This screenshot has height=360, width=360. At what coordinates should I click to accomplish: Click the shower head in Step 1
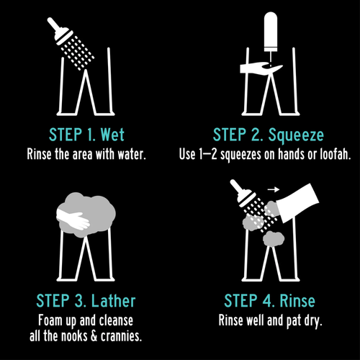click(x=60, y=31)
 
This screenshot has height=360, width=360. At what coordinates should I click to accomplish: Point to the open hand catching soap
click(x=261, y=68)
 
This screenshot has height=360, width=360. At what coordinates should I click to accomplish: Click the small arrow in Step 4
click(x=274, y=189)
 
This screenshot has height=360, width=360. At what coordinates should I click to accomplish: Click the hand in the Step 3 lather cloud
click(x=73, y=218)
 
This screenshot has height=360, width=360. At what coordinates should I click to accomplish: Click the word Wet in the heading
click(x=112, y=135)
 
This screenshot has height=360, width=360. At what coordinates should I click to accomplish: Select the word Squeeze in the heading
click(x=296, y=135)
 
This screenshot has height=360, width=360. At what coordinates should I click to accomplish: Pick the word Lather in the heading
click(x=113, y=301)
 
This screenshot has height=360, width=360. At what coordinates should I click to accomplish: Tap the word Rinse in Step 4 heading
click(x=297, y=301)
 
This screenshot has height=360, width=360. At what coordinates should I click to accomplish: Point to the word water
click(x=132, y=154)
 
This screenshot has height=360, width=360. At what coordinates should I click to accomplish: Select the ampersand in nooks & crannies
click(x=94, y=336)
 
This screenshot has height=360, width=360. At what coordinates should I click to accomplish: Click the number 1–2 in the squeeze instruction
click(x=208, y=154)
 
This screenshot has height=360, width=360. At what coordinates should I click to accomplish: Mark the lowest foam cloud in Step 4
click(x=274, y=238)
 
